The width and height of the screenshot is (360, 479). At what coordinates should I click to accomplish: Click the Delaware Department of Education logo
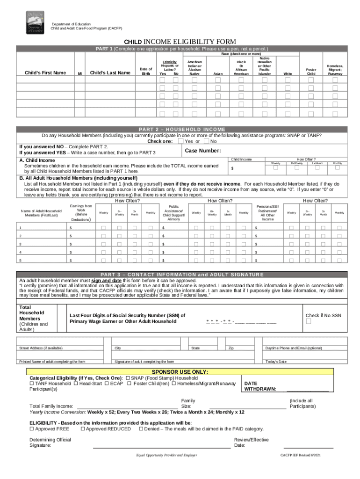tap(32, 22)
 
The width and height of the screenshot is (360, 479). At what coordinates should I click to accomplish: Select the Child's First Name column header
tap(45, 73)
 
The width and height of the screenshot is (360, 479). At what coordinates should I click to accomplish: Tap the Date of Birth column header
tap(146, 71)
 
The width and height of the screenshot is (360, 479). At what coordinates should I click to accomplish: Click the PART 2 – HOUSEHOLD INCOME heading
tap(182, 130)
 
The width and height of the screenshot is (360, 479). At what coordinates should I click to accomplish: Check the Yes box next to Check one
tap(181, 141)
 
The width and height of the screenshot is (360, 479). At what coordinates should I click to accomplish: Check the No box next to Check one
tap(207, 141)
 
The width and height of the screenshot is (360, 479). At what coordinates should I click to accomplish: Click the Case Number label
tap(203, 151)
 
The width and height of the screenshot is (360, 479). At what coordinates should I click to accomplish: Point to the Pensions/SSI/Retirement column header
tap(268, 212)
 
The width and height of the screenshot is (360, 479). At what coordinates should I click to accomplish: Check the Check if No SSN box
tap(308, 321)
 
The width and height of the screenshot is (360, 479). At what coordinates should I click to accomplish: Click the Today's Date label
tap(276, 361)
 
